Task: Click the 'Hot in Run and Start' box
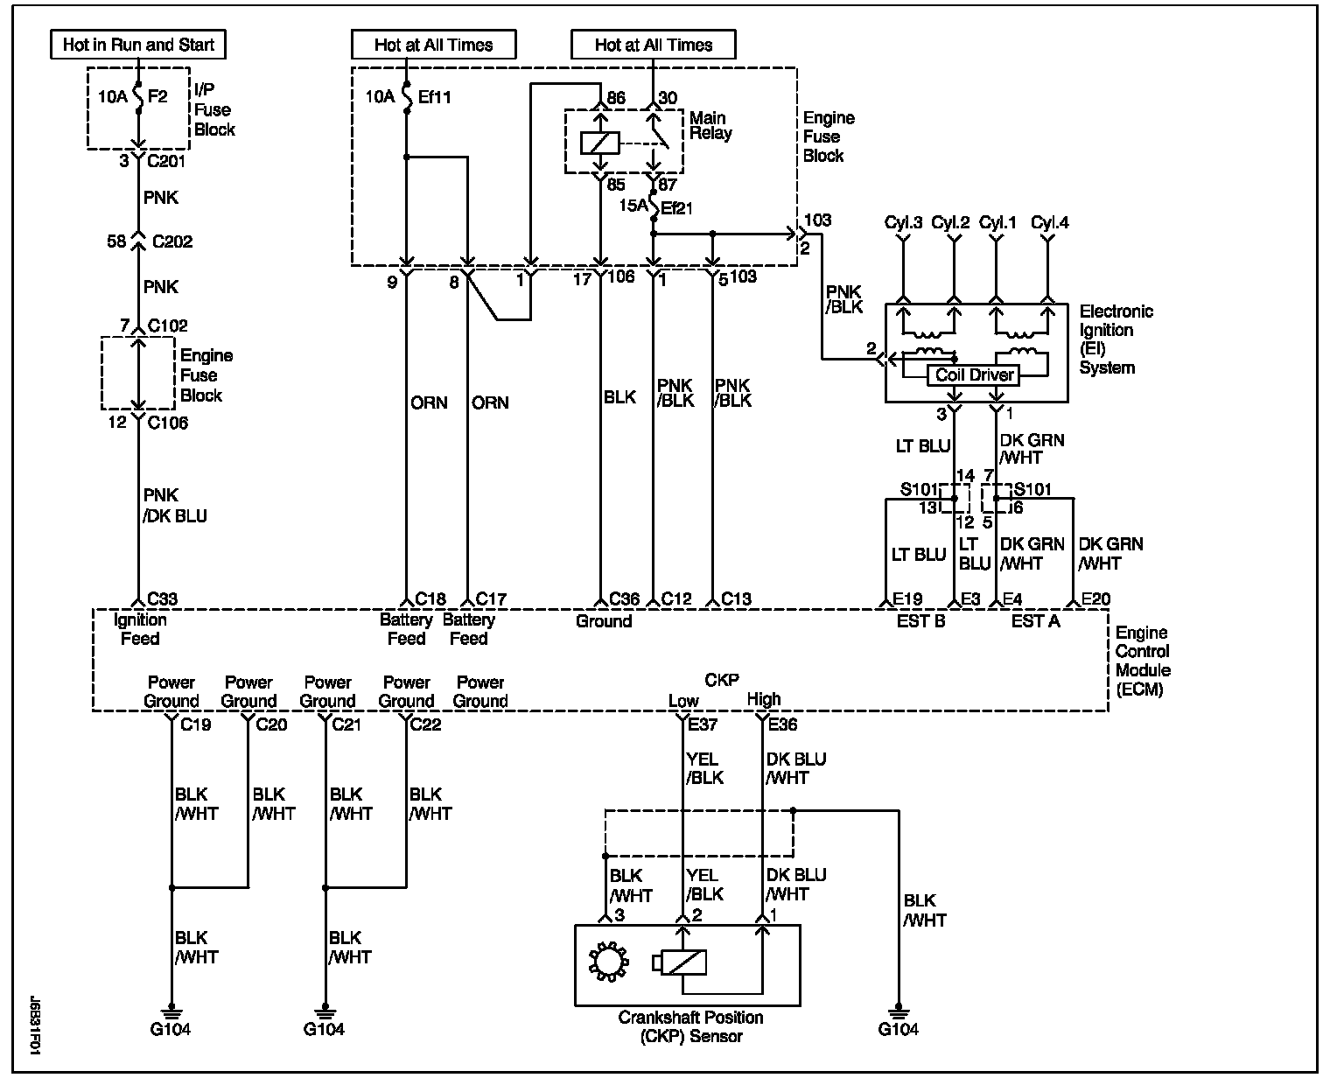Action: click(138, 45)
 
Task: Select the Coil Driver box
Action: click(974, 375)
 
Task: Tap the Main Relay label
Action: click(710, 125)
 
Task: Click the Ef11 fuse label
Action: click(434, 96)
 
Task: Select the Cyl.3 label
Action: click(903, 223)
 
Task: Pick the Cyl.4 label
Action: click(1049, 223)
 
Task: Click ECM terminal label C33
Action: click(162, 599)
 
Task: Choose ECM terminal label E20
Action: click(1095, 599)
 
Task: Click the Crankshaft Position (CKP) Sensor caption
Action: click(690, 1027)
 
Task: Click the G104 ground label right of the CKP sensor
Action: click(898, 1029)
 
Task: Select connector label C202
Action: click(171, 241)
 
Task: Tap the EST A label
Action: click(1035, 621)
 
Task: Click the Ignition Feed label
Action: click(140, 629)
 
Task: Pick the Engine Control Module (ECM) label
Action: click(1142, 661)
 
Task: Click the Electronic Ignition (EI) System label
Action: click(1116, 339)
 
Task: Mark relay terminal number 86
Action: click(616, 98)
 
